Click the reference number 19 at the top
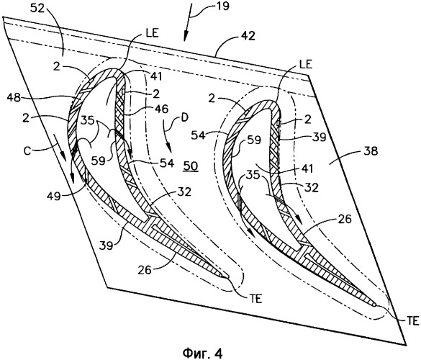pos(222,6)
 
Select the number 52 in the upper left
pos(37,9)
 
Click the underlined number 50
pos(191,166)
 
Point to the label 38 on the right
pos(371,151)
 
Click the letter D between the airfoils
pos(184,118)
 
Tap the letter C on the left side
pos(27,150)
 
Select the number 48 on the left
pos(14,97)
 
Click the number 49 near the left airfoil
pos(54,197)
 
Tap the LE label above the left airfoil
pos(153,33)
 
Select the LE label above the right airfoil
pos(306,64)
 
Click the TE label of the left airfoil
pos(256,299)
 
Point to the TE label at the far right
pos(412,321)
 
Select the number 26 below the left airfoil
pos(145,270)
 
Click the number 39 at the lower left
pos(106,245)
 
